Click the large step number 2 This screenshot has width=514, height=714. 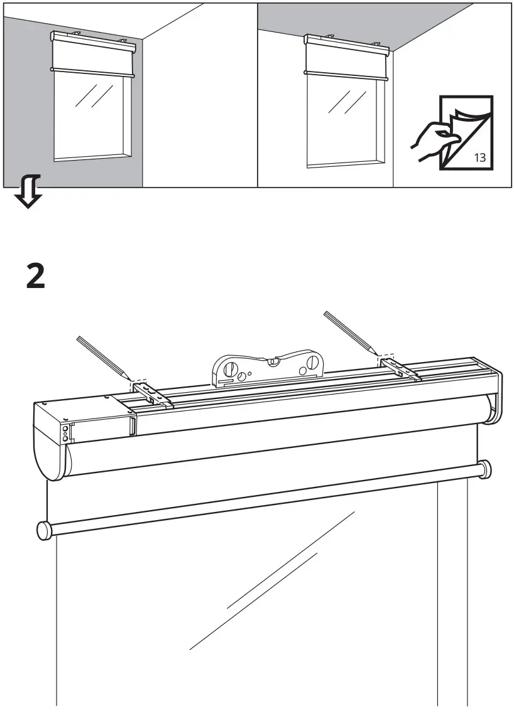click(36, 276)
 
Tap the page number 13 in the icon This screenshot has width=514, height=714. click(479, 157)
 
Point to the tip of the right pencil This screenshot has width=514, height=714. click(379, 354)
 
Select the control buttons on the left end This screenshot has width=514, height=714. click(65, 433)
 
